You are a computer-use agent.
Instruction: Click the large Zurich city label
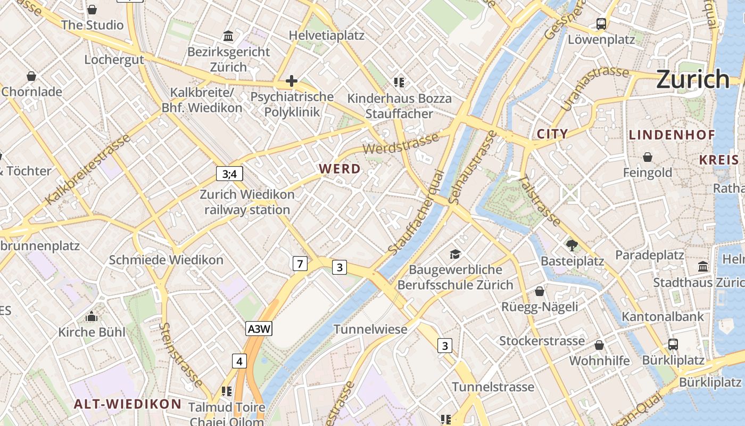[x=692, y=79]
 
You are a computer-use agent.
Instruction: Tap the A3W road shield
[x=259, y=329]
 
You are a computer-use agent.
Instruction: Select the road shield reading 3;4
[x=230, y=174]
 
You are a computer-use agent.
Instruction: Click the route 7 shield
[x=300, y=263]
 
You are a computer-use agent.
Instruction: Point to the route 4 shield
[x=239, y=362]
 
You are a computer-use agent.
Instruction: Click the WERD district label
[x=340, y=169]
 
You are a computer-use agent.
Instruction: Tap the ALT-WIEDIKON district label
[x=128, y=404]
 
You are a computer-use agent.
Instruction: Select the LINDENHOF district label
[x=672, y=135]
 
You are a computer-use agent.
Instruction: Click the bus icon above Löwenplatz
[x=601, y=24]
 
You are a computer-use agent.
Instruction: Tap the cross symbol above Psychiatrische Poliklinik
[x=291, y=81]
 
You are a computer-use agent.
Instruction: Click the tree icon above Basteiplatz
[x=572, y=245]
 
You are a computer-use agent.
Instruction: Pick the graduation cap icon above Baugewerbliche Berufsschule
[x=455, y=254]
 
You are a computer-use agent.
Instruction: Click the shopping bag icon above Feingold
[x=648, y=157]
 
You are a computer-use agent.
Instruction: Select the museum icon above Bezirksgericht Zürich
[x=229, y=36]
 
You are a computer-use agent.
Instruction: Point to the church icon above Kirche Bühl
[x=92, y=317]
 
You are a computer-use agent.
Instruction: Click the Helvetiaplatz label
[x=326, y=36]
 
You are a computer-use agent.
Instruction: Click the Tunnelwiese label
[x=370, y=329]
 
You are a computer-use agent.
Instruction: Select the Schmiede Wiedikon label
[x=166, y=260]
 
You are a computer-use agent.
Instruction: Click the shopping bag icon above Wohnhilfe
[x=599, y=345]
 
